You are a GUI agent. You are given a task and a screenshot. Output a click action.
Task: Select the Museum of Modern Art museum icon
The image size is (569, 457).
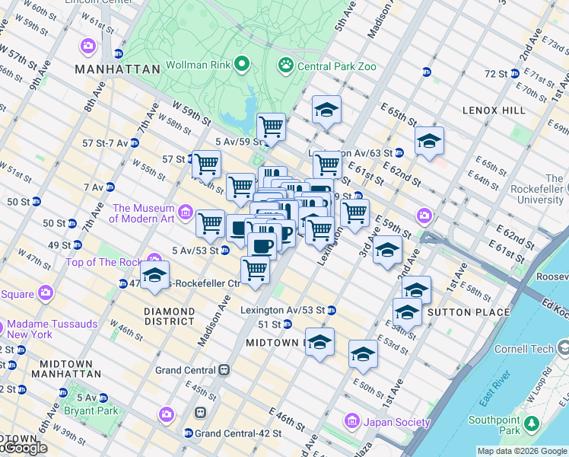(x=186, y=210)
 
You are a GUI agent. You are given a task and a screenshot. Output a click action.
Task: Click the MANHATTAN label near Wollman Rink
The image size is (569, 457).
(x=117, y=69)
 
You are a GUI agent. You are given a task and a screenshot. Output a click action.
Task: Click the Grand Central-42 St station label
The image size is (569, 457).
(x=238, y=433)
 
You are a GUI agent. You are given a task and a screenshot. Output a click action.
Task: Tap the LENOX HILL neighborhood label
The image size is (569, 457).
(x=494, y=110)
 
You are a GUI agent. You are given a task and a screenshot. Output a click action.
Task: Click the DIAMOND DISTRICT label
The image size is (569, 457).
(x=170, y=316)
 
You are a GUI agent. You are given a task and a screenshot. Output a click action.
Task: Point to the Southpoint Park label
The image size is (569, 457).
(x=494, y=425)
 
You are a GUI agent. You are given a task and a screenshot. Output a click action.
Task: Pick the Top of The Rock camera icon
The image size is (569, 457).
(x=155, y=260)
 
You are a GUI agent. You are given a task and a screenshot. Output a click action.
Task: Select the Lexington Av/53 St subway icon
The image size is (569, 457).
(x=332, y=310)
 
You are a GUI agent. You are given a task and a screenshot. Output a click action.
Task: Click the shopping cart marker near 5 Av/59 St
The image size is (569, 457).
(x=271, y=126)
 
